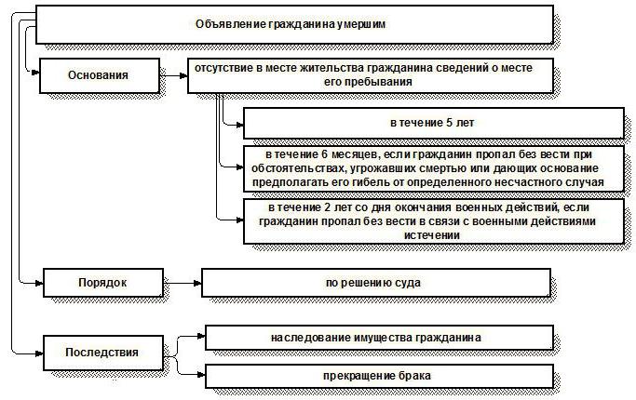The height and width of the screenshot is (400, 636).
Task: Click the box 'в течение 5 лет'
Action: (x=433, y=123)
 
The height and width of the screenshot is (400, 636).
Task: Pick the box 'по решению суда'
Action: (x=376, y=281)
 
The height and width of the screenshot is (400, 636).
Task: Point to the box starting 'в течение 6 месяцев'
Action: (x=433, y=168)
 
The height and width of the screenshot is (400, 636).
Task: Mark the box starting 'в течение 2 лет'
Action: (x=433, y=222)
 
